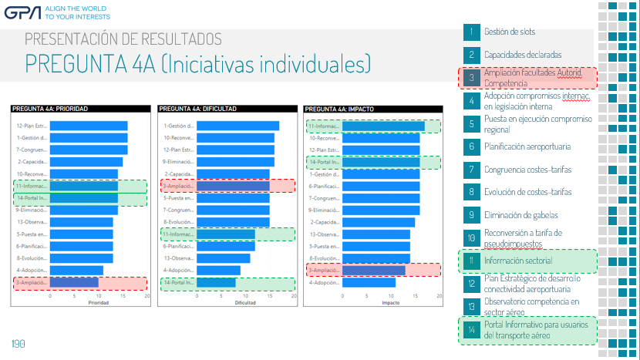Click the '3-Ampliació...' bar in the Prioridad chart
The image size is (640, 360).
[74, 283]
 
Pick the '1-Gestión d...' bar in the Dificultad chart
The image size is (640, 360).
[237, 126]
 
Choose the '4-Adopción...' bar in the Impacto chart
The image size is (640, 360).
[369, 283]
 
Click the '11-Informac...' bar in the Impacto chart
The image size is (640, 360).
[383, 126]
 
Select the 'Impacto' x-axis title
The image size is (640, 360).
[391, 303]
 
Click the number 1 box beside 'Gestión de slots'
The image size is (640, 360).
[471, 32]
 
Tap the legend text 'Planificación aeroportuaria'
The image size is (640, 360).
[527, 146]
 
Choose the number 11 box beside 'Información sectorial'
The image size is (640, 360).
[471, 261]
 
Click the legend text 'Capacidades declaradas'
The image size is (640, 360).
[523, 56]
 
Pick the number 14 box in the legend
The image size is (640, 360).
[471, 329]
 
